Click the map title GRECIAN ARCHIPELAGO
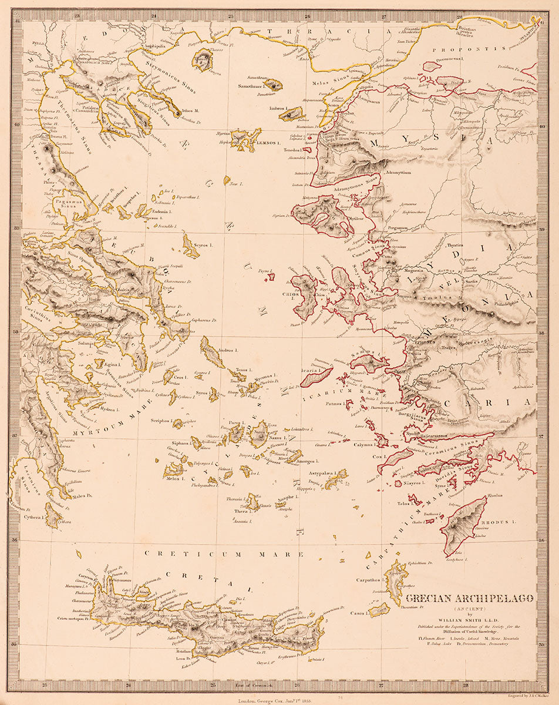click(x=470, y=599)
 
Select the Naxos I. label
click(x=277, y=438)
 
